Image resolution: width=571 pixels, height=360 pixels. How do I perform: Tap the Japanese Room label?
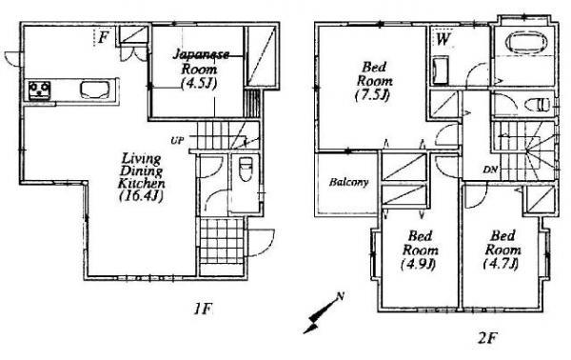[x=199, y=68]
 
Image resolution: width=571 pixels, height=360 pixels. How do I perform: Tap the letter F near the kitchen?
[x=104, y=37]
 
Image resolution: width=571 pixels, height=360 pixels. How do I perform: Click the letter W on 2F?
[x=443, y=40]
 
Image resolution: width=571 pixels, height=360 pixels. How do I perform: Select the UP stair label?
[x=177, y=141]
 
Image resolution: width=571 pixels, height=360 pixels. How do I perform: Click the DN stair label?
[x=491, y=171]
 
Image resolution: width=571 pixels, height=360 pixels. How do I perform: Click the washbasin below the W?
[x=441, y=72]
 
